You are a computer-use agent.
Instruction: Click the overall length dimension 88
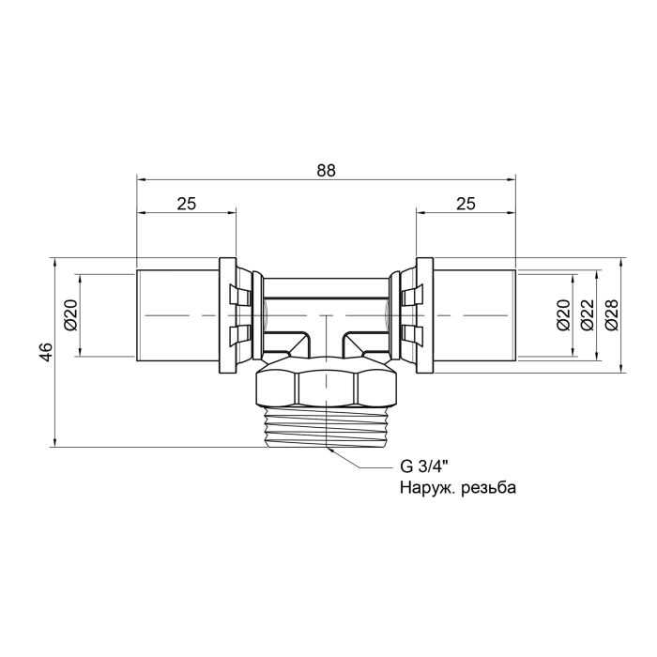click(326, 170)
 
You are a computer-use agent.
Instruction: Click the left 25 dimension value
click(186, 204)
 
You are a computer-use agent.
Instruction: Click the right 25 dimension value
click(466, 204)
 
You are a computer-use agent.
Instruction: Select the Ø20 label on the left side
click(69, 314)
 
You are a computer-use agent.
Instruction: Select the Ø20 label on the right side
click(562, 314)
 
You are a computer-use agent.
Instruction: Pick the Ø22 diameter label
click(587, 314)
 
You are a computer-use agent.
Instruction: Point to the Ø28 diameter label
click(612, 314)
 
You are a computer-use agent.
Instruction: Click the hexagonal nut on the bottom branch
click(326, 386)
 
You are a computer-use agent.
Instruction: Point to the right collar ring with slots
click(413, 314)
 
